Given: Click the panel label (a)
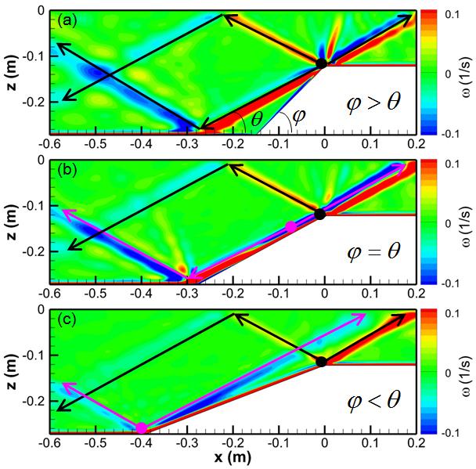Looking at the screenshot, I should click(x=66, y=18).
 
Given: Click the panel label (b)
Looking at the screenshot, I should click(x=66, y=168).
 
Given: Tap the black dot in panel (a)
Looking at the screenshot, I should click(x=321, y=63).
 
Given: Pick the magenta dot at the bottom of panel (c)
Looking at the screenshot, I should click(x=142, y=428).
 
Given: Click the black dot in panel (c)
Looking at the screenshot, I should click(x=321, y=361).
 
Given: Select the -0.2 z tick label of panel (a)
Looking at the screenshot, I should click(x=35, y=103).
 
